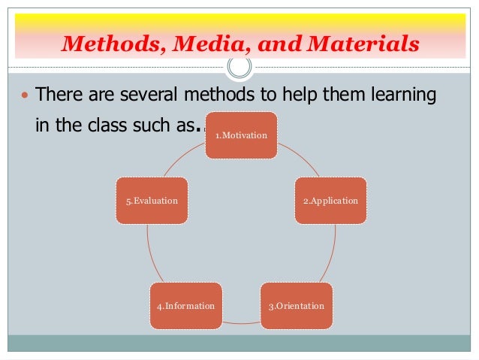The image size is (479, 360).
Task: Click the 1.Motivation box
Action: pyautogui.click(x=241, y=135)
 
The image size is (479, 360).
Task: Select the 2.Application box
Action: pyautogui.click(x=330, y=201)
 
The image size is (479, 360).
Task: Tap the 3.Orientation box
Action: pyautogui.click(x=297, y=306)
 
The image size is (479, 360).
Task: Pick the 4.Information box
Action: pyautogui.click(x=185, y=306)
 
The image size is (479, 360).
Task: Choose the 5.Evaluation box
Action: pyautogui.click(x=152, y=201)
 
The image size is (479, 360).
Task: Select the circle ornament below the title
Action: pyautogui.click(x=239, y=67)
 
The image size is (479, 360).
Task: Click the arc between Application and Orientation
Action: pyautogui.click(x=330, y=256)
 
